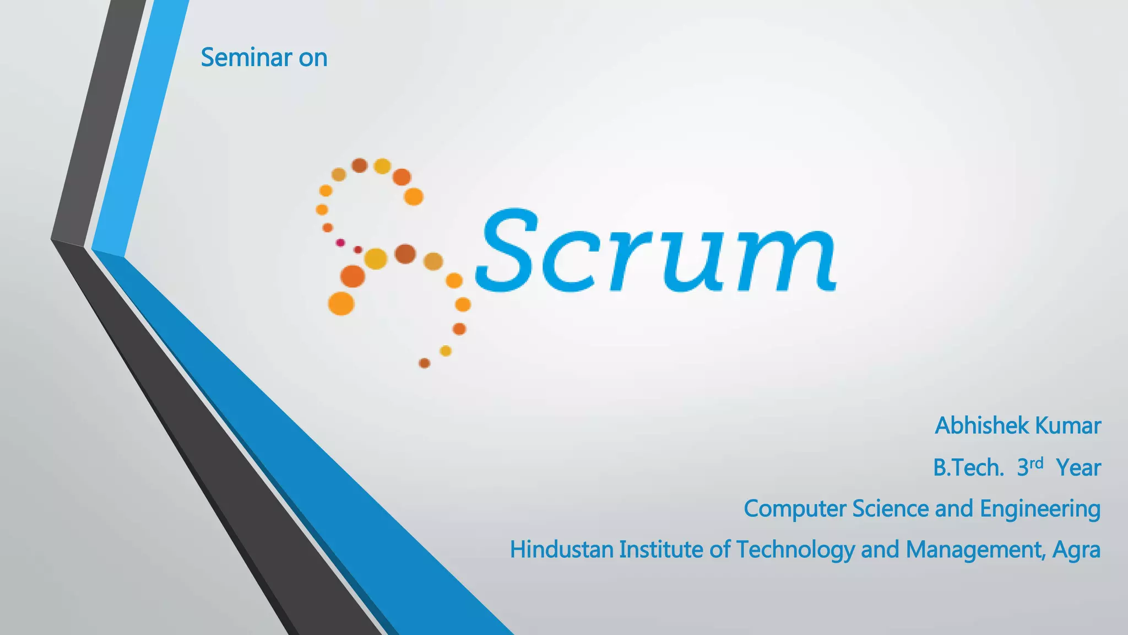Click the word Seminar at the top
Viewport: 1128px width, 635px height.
coord(246,57)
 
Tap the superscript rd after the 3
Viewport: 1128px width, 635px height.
coord(1037,462)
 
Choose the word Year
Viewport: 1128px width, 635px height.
coord(1078,468)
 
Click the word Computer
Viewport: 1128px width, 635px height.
coord(795,509)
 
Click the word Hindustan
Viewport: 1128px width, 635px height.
coord(561,550)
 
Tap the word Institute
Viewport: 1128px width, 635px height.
coord(661,550)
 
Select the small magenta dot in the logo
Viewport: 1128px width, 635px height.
coord(340,243)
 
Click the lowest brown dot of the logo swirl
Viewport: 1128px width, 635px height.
coord(424,363)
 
